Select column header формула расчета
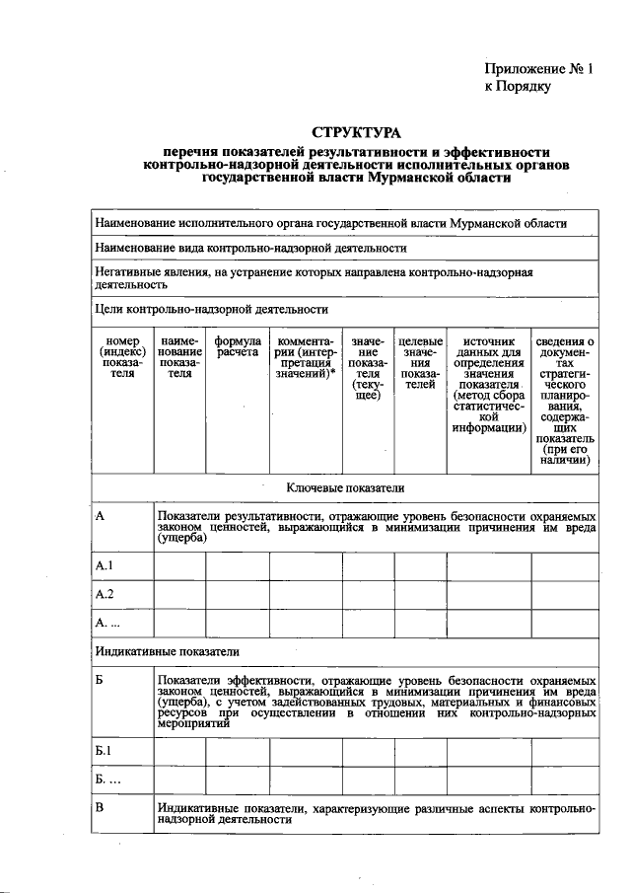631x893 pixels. click(x=237, y=346)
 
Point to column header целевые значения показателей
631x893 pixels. click(x=420, y=364)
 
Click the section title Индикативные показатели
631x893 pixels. click(x=167, y=651)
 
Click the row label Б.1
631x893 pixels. click(x=105, y=751)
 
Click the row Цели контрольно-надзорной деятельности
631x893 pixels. click(x=211, y=310)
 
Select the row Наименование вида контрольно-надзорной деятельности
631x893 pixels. click(x=250, y=248)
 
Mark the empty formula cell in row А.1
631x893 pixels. click(x=237, y=566)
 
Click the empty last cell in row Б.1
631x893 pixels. click(x=565, y=752)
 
